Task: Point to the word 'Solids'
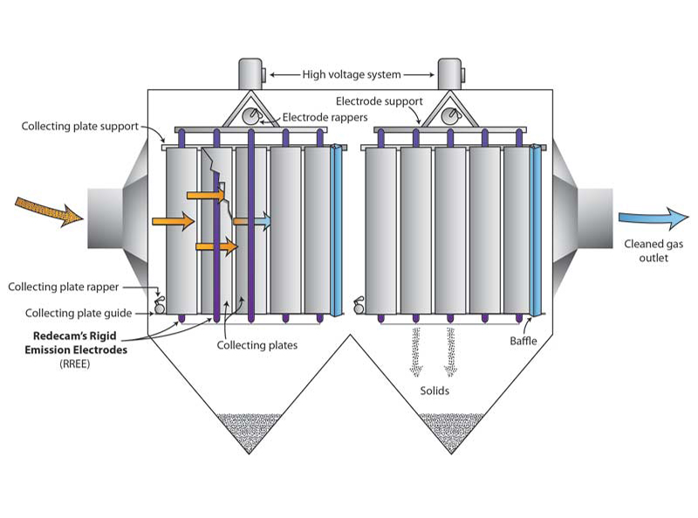point(434,390)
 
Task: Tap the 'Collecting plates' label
point(257,346)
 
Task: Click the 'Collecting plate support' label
point(80,127)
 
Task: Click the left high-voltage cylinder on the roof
point(250,73)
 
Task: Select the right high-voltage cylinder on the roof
point(450,73)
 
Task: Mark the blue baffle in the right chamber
point(536,229)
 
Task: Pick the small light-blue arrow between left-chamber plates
point(253,223)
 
